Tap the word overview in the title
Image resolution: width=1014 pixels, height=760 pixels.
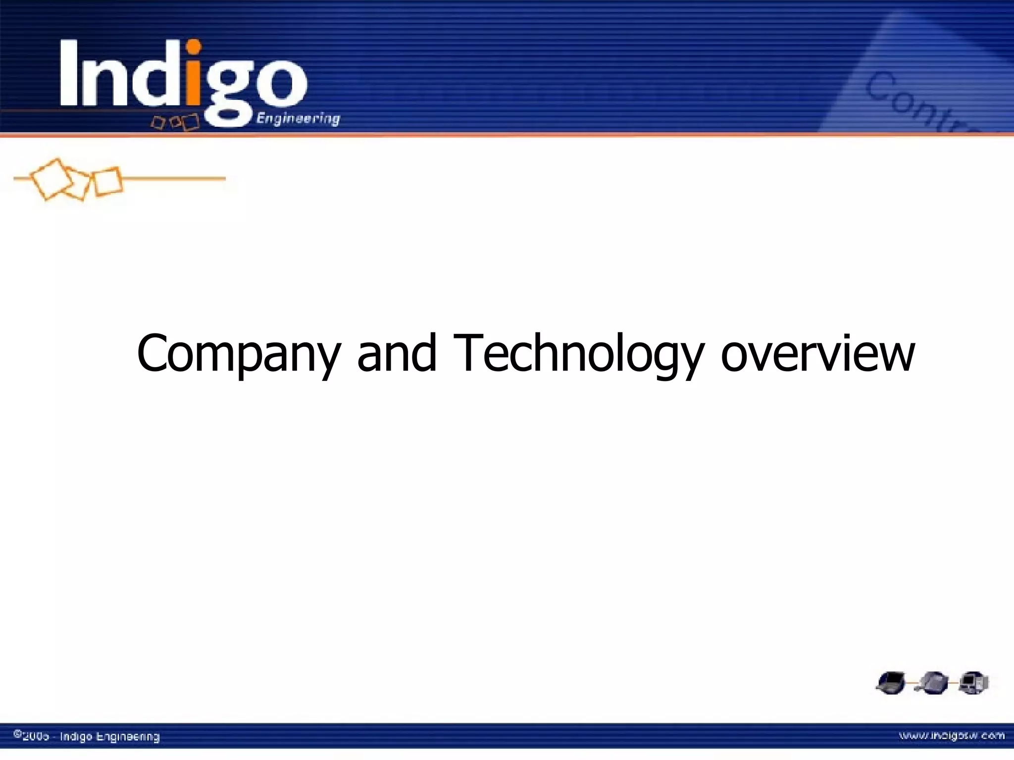(x=817, y=353)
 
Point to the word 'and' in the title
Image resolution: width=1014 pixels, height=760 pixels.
(x=397, y=353)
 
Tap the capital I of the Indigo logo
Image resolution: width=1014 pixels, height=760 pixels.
(x=69, y=73)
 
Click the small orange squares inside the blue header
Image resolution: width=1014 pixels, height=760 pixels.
(x=175, y=121)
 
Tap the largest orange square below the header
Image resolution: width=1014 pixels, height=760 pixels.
(x=51, y=179)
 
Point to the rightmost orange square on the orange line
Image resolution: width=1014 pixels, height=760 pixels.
(x=108, y=182)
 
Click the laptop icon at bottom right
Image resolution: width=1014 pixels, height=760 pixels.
(x=890, y=683)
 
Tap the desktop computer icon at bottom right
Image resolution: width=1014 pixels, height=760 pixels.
(x=973, y=683)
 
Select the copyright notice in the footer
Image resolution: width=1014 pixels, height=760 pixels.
(x=87, y=736)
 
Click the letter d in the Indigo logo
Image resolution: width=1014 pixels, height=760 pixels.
(x=158, y=74)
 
